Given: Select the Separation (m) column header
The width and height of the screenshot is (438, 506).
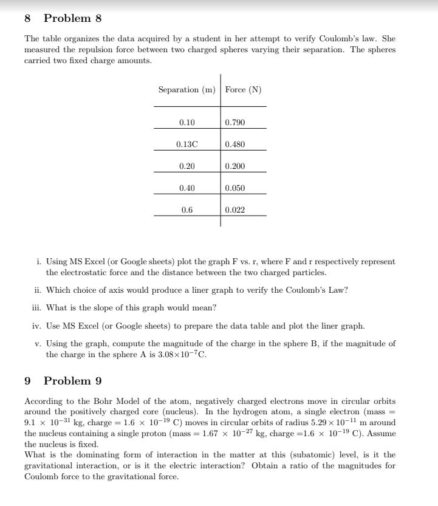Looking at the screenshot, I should point(187,90).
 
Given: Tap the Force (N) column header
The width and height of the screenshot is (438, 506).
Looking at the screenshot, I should point(243,90).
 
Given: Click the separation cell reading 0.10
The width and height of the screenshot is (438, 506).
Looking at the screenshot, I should point(187,123).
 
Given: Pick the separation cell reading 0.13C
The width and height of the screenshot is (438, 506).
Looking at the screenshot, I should point(187,145).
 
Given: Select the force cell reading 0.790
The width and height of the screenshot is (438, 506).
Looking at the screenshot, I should point(235,123).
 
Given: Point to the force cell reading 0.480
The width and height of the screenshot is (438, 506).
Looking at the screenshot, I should point(235,145).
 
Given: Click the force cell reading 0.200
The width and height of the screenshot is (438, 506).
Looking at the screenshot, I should point(235,166).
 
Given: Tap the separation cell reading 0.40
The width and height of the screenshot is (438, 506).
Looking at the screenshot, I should point(187,188).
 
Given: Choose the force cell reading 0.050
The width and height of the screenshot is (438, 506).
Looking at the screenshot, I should point(235,188).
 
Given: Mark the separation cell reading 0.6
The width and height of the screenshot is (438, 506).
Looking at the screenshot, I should point(187,210).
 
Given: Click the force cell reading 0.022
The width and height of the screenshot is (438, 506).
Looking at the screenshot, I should point(235,210).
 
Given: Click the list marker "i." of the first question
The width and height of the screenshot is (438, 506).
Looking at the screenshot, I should point(38,262).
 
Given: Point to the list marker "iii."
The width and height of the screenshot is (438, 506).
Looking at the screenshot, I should point(37,308).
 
